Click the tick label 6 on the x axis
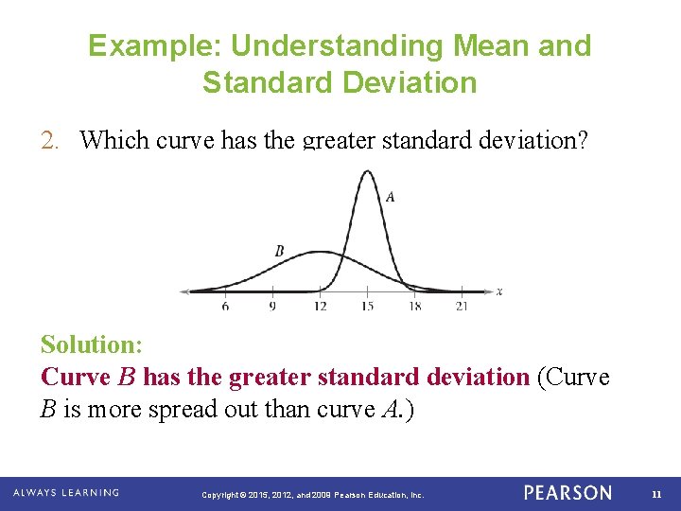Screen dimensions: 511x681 pos(225,307)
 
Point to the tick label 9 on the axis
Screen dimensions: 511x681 pos(272,307)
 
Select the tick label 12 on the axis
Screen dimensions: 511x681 pos(321,307)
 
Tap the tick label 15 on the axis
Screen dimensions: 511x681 pos(367,307)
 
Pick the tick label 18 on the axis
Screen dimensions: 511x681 pos(414,307)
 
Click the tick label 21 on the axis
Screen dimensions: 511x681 pos(462,307)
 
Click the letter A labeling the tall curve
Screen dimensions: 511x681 pos(390,197)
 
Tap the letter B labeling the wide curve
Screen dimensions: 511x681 pos(279,251)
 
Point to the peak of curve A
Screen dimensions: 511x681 pos(367,171)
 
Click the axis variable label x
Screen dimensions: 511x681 pos(498,291)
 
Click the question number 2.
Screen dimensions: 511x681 pos(49,140)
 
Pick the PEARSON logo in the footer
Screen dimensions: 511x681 pos(567,493)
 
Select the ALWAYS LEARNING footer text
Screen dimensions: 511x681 pos(66,493)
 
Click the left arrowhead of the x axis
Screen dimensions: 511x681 pos(184,291)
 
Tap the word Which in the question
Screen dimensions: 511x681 pos(114,140)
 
